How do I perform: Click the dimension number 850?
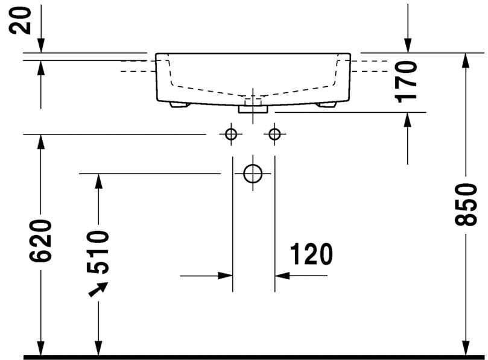coord(466,204)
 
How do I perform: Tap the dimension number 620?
coord(40,241)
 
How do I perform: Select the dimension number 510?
coord(98,252)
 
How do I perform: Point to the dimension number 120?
coord(311,254)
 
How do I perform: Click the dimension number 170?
coord(405,81)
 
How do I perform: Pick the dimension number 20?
coord(21,21)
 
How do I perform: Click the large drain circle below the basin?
coord(253,174)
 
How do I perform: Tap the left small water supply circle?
coord(231,134)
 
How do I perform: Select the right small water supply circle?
coord(274,134)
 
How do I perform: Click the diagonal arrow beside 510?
coord(98,289)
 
